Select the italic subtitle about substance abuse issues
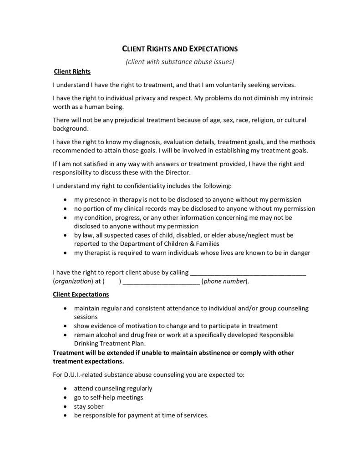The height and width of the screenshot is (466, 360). [x=180, y=61]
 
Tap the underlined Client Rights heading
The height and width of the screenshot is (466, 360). [x=72, y=71]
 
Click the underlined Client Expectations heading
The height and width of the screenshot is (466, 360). [x=81, y=294]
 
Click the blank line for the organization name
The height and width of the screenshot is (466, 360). [x=248, y=273]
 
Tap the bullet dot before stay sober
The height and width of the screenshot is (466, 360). [x=67, y=406]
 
